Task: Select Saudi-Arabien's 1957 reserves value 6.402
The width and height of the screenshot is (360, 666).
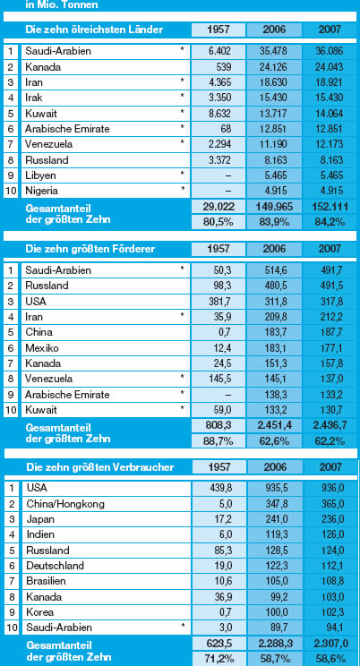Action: coord(219,51)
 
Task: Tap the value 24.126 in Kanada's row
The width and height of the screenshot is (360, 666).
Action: coord(274,67)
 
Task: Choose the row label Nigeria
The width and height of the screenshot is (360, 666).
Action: coord(41,191)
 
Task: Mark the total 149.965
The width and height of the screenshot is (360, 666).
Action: coord(274,208)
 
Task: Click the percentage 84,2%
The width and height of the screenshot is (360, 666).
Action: coord(330,222)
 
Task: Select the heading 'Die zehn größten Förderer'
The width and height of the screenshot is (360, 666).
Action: coord(90,249)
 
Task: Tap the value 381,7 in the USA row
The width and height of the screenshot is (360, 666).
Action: coord(219,302)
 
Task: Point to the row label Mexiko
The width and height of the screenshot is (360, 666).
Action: coord(42,348)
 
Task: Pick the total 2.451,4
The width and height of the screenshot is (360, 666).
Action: coord(274,426)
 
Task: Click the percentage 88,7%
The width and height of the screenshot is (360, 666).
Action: coord(219,441)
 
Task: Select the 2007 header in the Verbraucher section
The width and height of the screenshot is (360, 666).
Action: coord(330,467)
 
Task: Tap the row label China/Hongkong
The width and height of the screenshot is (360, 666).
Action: coord(65,504)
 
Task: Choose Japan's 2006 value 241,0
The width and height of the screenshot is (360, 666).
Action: coord(277,519)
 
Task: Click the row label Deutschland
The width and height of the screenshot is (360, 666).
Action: coord(55,566)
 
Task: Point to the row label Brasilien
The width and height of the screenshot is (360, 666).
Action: coord(47,581)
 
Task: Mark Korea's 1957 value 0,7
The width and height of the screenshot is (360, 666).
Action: coord(225,612)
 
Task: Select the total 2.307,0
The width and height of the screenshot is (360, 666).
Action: coord(330,644)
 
